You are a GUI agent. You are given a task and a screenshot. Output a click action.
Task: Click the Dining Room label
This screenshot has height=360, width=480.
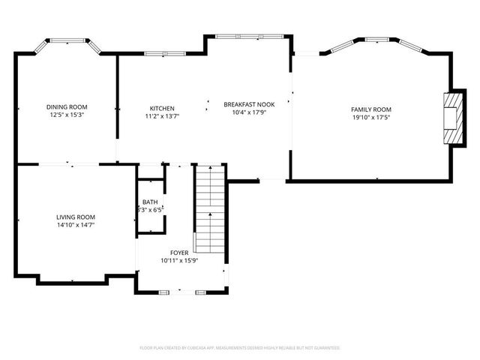point(67,107)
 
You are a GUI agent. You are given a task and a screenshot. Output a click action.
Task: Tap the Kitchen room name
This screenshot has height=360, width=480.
point(162,107)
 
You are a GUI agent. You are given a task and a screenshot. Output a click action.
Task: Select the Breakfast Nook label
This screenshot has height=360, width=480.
point(249,104)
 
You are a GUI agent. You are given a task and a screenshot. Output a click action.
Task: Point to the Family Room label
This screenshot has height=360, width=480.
point(371,109)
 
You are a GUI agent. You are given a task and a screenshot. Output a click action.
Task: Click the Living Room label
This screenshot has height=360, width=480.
point(75,217)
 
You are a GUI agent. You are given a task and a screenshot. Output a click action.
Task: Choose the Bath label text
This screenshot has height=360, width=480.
point(150,202)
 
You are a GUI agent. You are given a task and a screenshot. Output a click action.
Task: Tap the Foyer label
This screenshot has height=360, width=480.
point(179,253)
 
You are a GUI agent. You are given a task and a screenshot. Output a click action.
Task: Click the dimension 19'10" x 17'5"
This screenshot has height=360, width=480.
point(371,117)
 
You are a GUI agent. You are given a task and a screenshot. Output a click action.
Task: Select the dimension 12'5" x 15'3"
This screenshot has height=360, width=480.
point(67,115)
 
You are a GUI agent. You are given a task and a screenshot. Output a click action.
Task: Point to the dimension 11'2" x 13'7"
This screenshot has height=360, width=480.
point(162,115)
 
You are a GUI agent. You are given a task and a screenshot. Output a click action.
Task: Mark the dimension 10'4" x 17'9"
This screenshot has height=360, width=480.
point(249,112)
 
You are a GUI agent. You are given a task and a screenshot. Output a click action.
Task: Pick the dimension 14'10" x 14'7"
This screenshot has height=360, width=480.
point(75,224)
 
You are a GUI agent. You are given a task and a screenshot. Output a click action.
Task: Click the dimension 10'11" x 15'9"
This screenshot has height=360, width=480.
point(179,260)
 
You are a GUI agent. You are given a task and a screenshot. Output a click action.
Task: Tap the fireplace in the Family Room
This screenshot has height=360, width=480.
point(451,116)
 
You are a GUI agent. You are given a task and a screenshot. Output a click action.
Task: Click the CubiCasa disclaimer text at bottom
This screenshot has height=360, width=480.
point(240,348)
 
